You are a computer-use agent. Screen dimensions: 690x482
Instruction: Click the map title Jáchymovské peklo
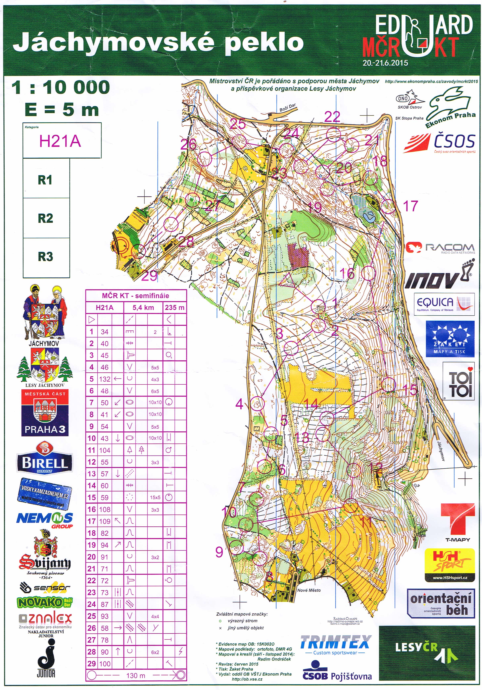(158, 42)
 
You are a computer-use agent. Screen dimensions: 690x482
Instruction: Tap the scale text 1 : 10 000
(60, 88)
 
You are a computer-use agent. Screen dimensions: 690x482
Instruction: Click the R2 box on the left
(46, 218)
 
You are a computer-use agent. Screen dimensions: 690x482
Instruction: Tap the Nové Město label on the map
(309, 590)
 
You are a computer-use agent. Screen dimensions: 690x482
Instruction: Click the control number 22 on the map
(332, 117)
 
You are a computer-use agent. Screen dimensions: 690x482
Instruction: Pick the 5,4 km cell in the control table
(143, 307)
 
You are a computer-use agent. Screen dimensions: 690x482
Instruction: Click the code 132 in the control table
(105, 379)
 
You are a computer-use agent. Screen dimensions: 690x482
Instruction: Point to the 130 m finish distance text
(136, 675)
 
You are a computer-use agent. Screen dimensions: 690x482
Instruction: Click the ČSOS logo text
(454, 141)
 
